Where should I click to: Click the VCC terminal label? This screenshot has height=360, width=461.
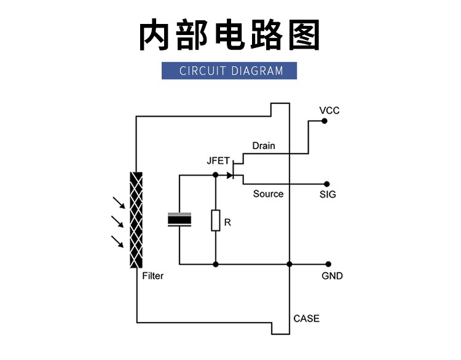(x=329, y=111)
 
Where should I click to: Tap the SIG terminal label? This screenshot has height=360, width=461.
(x=328, y=195)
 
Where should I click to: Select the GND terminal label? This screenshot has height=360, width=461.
(x=332, y=276)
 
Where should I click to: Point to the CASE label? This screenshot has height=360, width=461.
(x=306, y=318)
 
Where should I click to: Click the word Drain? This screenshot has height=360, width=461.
(x=264, y=146)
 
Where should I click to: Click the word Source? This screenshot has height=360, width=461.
(x=268, y=194)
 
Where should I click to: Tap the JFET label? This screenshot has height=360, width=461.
(x=218, y=161)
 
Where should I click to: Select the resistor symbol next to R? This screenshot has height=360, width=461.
(x=216, y=221)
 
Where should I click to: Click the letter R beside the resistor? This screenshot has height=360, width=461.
(x=227, y=223)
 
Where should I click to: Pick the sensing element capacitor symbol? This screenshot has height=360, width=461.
(x=179, y=220)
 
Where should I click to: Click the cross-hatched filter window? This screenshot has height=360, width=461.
(x=136, y=220)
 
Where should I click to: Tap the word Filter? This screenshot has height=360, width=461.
(x=152, y=276)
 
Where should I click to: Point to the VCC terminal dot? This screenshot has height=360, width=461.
(x=324, y=122)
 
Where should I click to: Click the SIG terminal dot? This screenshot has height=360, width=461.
(x=326, y=184)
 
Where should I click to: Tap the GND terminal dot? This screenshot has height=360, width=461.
(x=329, y=264)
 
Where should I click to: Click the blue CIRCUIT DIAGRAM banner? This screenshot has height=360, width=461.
(x=230, y=71)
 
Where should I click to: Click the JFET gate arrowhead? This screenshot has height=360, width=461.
(x=230, y=176)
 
